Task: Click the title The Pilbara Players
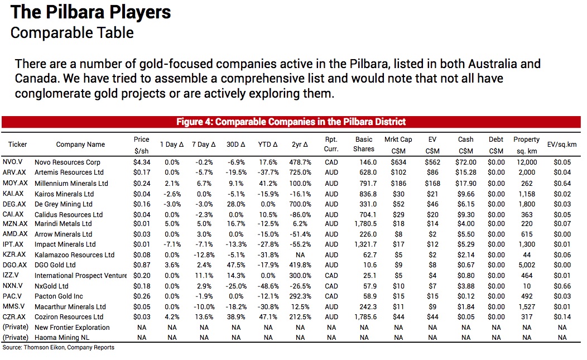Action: [x=91, y=12]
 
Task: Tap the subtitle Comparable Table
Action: [x=72, y=32]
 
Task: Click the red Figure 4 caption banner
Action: [x=291, y=122]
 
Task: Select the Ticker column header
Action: [x=17, y=145]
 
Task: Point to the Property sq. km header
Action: [x=526, y=145]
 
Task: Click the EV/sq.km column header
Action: [x=561, y=145]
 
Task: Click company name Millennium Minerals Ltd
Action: [x=71, y=183]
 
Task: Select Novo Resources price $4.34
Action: [x=142, y=162]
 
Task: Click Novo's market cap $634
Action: [x=398, y=162]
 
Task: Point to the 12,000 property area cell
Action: [x=526, y=162]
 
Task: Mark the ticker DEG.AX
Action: [x=15, y=204]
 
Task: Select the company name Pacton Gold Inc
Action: [x=59, y=296]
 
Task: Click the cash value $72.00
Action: [x=465, y=162]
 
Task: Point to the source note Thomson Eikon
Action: [x=59, y=348]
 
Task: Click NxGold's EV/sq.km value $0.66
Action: [x=561, y=286]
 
